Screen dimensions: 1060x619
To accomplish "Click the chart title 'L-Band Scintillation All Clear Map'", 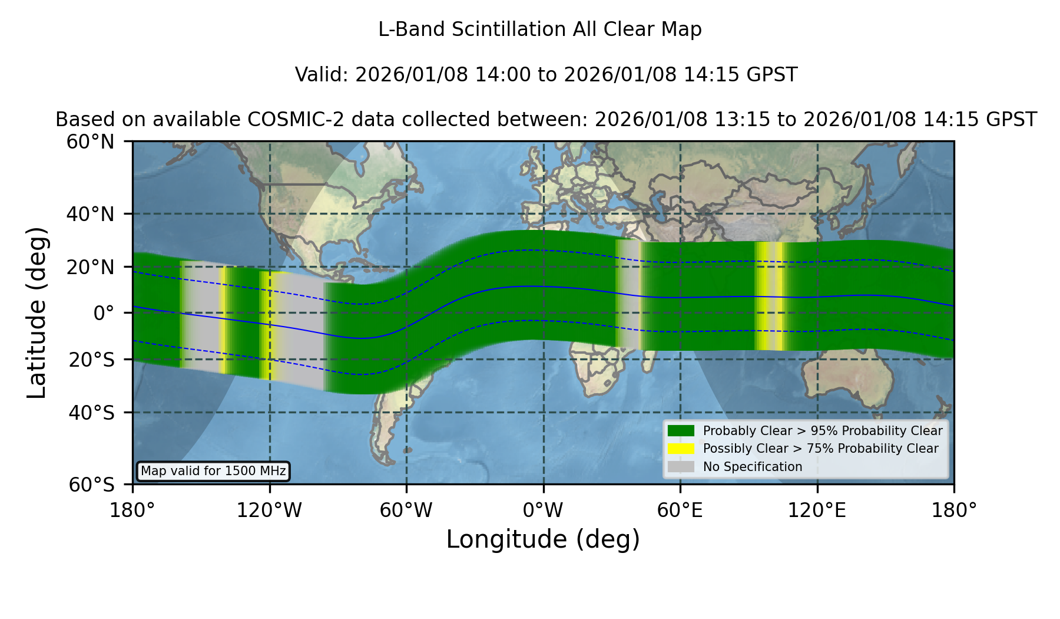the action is click(539, 29).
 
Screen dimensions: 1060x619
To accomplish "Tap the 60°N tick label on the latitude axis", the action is click(91, 142).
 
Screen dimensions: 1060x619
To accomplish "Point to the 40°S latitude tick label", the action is click(91, 413).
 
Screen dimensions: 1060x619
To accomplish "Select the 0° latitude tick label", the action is click(104, 313).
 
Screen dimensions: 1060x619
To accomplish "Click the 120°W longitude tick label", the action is click(269, 511).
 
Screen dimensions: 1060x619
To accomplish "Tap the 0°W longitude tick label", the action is click(543, 511).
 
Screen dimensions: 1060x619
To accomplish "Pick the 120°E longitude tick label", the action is click(817, 511).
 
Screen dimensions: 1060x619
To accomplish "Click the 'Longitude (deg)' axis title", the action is click(543, 539).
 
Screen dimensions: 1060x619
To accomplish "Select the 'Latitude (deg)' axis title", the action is click(37, 312).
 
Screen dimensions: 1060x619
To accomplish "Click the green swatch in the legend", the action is click(681, 431).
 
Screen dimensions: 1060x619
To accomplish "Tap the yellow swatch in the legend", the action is click(681, 449).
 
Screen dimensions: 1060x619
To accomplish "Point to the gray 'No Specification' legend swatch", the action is click(681, 467).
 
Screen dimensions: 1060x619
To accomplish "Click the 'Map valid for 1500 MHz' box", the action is click(213, 471).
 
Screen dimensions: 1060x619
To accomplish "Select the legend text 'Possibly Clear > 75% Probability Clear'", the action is click(821, 449).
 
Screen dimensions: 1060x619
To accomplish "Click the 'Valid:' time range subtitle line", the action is click(546, 75).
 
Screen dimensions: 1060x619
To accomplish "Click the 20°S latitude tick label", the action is click(91, 360).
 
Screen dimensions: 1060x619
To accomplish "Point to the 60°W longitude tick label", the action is click(406, 511).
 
